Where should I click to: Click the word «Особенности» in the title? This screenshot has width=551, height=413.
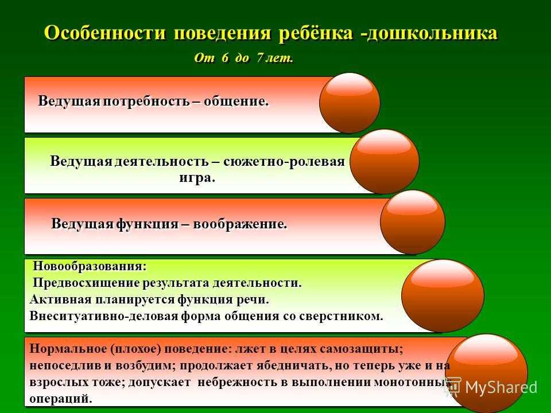[x=105, y=33]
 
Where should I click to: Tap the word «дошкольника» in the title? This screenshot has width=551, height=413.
[x=433, y=33]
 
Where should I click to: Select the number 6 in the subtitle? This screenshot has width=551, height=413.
[x=225, y=57]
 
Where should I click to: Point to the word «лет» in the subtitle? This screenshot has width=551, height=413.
[x=279, y=57]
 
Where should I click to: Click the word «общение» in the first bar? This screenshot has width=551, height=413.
[x=236, y=102]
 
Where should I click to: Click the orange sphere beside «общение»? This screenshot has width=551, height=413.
[x=350, y=103]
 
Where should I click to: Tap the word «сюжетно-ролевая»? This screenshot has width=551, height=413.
[x=284, y=162]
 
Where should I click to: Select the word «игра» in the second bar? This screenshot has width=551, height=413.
[x=195, y=178]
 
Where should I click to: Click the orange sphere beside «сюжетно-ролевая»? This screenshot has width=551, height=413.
[x=385, y=162]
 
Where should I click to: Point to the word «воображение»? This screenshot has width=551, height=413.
[x=240, y=224]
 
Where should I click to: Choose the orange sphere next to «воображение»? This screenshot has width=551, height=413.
[x=413, y=222]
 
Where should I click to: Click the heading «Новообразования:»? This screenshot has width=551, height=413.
[x=90, y=266]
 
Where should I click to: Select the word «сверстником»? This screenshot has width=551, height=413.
[x=341, y=316]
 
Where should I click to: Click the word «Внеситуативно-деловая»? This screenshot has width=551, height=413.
[x=104, y=316]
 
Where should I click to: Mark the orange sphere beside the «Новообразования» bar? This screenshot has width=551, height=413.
[x=443, y=296]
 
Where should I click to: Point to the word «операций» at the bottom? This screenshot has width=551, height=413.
[x=60, y=399]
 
